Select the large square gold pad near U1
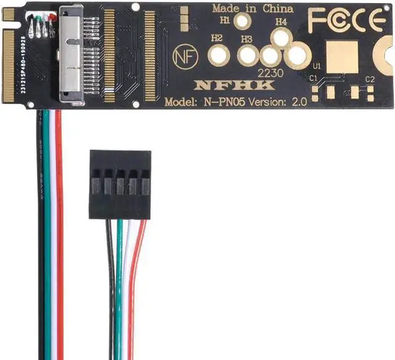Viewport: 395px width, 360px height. tap(341, 57)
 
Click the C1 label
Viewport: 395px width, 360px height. tap(314, 78)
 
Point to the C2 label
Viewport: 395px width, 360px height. tap(370, 79)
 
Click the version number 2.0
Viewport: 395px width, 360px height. tap(298, 102)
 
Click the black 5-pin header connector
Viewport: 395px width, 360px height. tap(120, 183)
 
